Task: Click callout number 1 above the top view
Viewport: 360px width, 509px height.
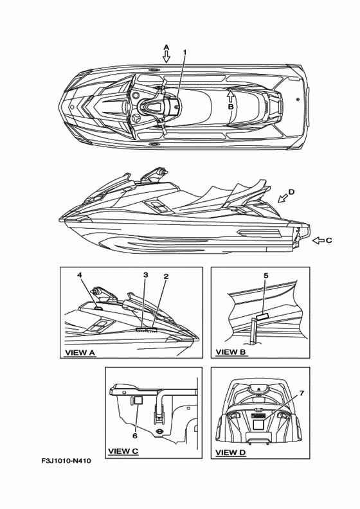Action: click(185, 52)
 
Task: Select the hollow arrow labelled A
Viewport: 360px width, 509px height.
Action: click(166, 57)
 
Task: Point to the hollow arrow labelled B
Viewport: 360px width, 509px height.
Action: click(230, 96)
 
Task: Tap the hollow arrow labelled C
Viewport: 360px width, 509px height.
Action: click(318, 240)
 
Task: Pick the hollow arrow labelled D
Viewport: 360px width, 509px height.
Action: click(283, 198)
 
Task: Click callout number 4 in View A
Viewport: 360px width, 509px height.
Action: click(80, 275)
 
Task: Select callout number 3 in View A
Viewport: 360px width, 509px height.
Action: click(146, 275)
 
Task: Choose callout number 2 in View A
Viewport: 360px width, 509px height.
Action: click(166, 276)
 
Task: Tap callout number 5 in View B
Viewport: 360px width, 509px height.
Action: click(266, 276)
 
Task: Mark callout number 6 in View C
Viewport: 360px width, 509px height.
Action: click(135, 436)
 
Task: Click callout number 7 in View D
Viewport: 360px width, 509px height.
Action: click(301, 393)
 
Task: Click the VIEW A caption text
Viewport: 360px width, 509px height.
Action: click(80, 353)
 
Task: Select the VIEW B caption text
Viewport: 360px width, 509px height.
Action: click(231, 352)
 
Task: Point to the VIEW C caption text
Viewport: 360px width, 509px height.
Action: click(123, 451)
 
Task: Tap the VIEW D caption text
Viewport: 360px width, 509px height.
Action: click(231, 452)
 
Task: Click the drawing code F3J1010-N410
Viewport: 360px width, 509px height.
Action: click(66, 461)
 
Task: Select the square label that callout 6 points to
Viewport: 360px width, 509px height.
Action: click(138, 400)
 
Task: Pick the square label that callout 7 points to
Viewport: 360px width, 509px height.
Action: click(258, 425)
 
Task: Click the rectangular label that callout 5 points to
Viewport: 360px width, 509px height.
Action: click(262, 316)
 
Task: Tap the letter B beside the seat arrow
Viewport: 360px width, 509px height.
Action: click(231, 107)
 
